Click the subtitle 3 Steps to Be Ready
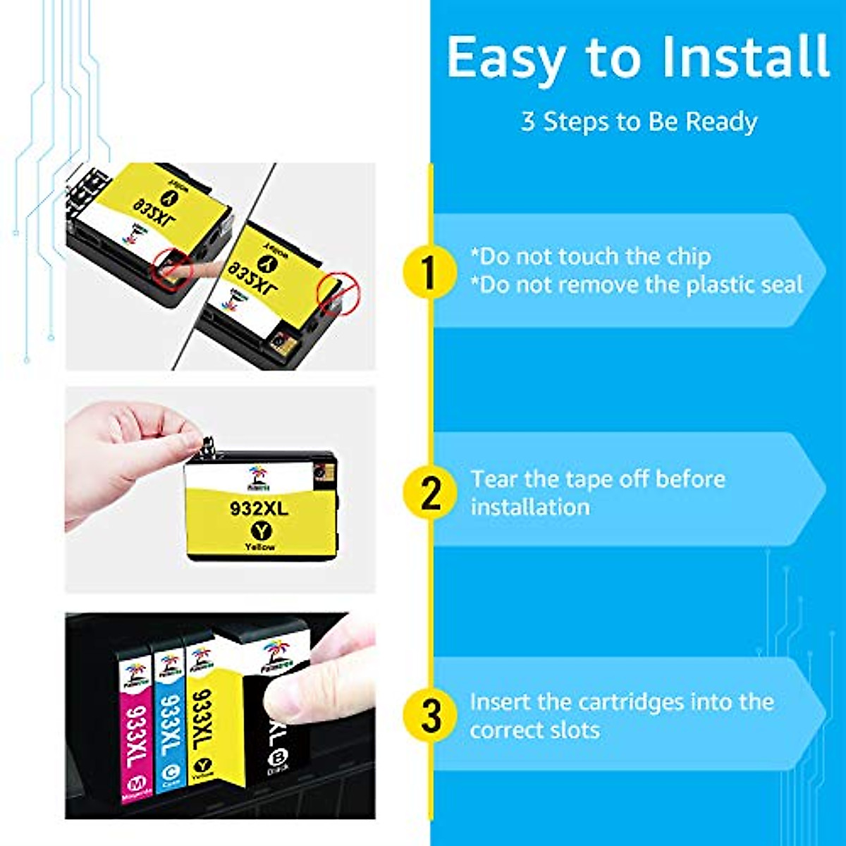click(x=639, y=121)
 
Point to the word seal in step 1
click(x=779, y=285)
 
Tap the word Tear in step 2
click(x=495, y=479)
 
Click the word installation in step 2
click(x=530, y=508)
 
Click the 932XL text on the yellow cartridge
click(x=259, y=508)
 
